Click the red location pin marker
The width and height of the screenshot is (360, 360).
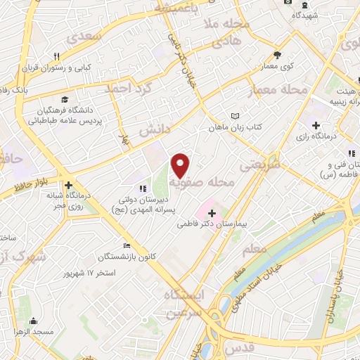click(x=181, y=166)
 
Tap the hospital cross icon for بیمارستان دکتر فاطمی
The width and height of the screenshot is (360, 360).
click(x=212, y=212)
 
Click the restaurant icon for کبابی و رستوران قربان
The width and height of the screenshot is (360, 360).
click(x=56, y=56)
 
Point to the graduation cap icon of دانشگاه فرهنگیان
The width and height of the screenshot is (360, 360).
click(x=65, y=100)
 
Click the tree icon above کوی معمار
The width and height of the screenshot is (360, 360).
click(x=278, y=55)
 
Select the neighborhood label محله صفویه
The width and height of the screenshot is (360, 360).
click(x=211, y=184)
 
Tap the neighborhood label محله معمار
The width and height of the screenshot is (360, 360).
click(x=278, y=90)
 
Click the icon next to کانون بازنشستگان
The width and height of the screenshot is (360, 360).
click(x=127, y=246)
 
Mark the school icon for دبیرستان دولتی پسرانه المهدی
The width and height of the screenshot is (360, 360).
click(x=143, y=188)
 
